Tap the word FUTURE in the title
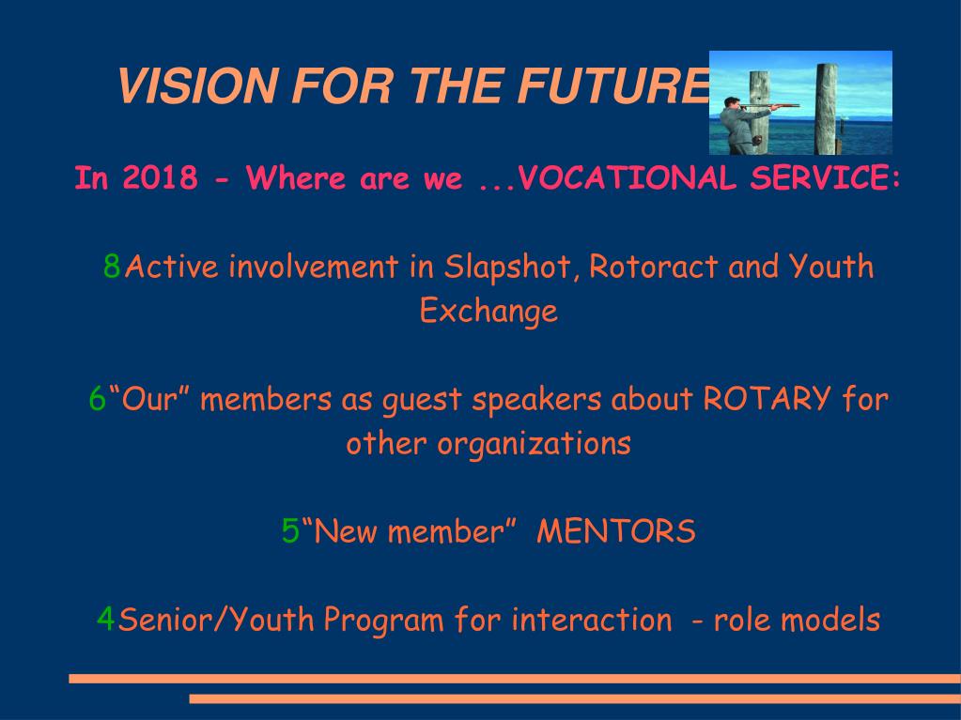tap(612, 85)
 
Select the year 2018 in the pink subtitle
tap(160, 178)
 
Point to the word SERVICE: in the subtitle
tap(826, 178)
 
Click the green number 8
tap(112, 267)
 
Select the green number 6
tap(98, 399)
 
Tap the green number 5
tap(290, 530)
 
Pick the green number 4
tap(105, 619)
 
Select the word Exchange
tap(488, 312)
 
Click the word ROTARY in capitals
tap(767, 399)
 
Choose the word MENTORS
tap(616, 530)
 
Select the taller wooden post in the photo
tap(826, 109)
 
